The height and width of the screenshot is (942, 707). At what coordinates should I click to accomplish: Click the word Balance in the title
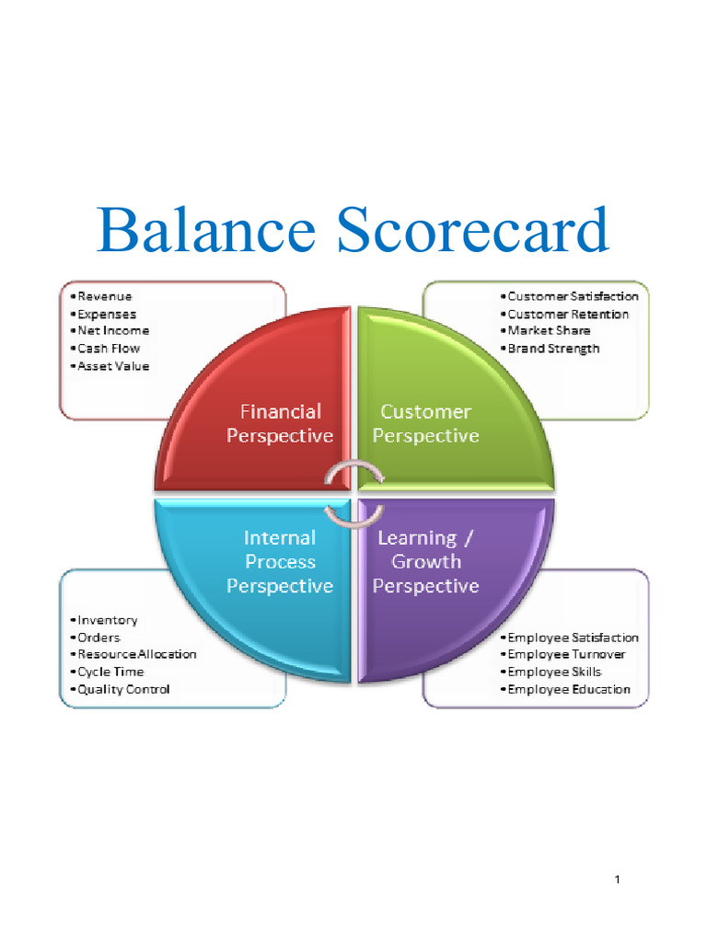point(206,229)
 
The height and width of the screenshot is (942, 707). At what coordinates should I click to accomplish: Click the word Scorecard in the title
point(472,229)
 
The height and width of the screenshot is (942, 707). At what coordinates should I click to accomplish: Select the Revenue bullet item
point(101,296)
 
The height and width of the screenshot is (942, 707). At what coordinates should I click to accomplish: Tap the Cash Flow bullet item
point(105,349)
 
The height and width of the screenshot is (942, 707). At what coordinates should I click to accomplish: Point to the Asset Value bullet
point(110,366)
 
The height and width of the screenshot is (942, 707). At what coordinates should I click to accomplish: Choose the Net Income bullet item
point(110,330)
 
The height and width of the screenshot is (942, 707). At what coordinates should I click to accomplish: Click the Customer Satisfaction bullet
point(569,296)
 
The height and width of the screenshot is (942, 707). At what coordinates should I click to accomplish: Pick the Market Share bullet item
point(545,330)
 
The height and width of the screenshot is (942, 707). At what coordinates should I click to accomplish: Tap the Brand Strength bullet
point(551,349)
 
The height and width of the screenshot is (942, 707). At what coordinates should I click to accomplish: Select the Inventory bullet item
point(104,620)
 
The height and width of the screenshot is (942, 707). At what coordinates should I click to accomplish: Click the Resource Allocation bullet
point(133,654)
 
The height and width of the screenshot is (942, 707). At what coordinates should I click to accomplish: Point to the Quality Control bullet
point(121,689)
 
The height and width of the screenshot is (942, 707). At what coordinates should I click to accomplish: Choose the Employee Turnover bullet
point(562,654)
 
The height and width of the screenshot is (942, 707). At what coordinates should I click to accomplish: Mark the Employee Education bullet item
point(566,689)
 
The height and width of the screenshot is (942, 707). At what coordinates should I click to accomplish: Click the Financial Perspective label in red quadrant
point(280,423)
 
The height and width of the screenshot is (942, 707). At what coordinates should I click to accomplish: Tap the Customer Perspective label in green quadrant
point(425,423)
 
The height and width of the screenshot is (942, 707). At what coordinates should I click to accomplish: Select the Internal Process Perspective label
point(280,562)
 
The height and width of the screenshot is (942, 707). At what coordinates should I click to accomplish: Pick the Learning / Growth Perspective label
point(425,562)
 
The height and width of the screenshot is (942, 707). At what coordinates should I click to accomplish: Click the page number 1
point(618,879)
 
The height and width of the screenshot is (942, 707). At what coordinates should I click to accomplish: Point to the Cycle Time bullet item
point(107,672)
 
